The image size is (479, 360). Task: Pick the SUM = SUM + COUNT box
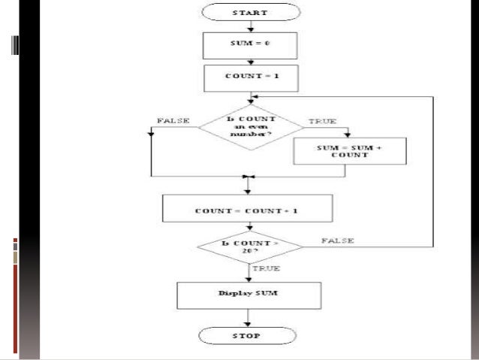pos(350,150)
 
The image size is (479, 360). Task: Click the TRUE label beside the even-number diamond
pos(322,120)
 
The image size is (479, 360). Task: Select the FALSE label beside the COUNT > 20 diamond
pos(338,240)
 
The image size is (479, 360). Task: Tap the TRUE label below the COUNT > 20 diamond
pos(266,268)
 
